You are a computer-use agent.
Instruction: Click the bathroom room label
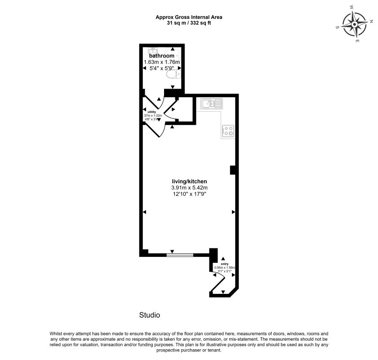coord(161,56)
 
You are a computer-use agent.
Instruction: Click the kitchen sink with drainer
coord(211,104)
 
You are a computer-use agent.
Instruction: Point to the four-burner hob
coord(228,131)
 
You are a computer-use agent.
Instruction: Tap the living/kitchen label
coord(189,181)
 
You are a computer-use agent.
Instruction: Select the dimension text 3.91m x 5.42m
coord(189,188)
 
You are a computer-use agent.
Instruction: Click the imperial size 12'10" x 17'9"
coord(189,194)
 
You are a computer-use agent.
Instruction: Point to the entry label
coord(224,264)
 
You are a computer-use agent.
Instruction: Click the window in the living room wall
coord(180,255)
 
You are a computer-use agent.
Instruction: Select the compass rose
coord(355,25)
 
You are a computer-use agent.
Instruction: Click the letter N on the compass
coord(371,21)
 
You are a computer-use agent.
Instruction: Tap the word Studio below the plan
coord(150,315)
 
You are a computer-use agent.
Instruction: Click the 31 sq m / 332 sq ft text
coord(189,23)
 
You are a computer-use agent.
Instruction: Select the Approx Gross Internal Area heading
coord(189,17)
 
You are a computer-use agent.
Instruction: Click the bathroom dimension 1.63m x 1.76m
coord(161,62)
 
